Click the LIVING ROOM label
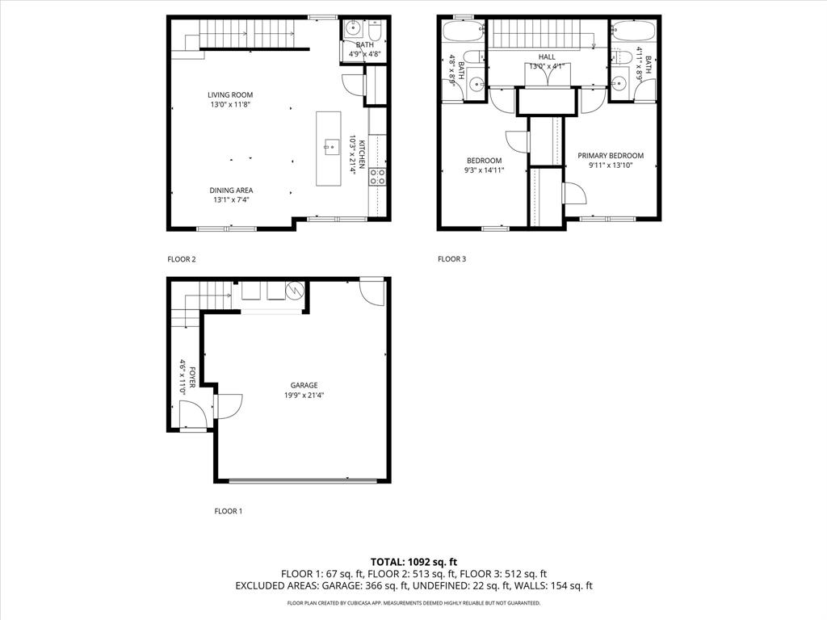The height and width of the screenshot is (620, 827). [x=231, y=95]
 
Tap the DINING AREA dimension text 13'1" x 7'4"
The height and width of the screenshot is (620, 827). [x=231, y=199]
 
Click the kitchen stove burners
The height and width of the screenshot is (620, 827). [x=377, y=177]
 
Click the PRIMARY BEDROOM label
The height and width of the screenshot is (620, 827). [x=611, y=155]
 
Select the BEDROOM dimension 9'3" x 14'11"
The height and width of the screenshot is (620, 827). [x=484, y=170]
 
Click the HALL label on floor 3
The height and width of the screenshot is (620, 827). [x=547, y=57]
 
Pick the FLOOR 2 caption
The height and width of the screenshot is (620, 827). [x=181, y=259]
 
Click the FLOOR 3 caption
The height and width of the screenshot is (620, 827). [x=451, y=259]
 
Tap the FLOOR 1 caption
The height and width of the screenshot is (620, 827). [x=228, y=511]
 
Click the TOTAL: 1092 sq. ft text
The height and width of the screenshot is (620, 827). [x=413, y=561]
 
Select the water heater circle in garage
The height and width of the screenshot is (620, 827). [x=295, y=288]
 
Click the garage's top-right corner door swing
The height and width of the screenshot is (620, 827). [x=372, y=291]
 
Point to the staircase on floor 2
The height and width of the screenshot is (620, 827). [x=246, y=35]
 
